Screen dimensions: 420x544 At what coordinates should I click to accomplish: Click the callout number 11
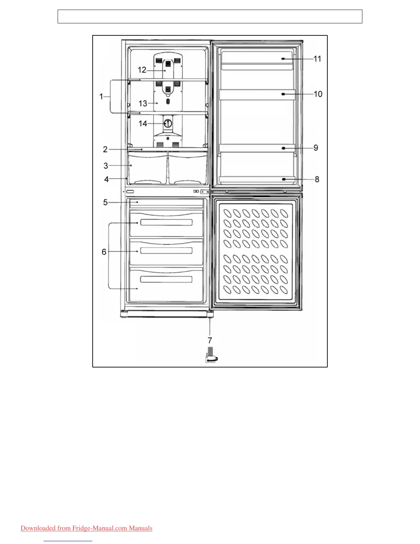coord(317,59)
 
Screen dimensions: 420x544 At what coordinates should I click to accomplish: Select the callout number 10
coord(318,94)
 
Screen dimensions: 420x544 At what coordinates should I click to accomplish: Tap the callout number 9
coord(316,148)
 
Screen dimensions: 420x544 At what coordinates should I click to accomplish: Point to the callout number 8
coord(317,179)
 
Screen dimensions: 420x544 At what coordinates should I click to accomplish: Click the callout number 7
coord(210,340)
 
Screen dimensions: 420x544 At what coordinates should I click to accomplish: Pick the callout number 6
coord(104,252)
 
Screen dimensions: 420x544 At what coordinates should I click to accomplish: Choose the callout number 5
coord(105,202)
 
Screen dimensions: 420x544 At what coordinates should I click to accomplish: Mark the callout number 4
coord(106,179)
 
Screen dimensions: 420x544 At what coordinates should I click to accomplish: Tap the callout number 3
coord(106,166)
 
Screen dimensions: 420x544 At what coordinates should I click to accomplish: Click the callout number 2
coord(105,149)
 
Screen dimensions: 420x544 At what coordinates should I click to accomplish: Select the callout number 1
coord(101,97)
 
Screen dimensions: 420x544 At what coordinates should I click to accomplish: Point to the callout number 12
coord(142,70)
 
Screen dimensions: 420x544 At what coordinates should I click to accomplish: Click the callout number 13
coord(143,103)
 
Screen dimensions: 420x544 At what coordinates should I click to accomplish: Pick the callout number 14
coord(143,124)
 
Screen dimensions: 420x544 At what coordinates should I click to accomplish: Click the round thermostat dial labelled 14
coord(168,123)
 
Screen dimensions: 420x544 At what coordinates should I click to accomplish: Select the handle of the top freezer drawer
coord(166,223)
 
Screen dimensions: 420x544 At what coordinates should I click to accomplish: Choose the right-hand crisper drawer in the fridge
coord(188,168)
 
